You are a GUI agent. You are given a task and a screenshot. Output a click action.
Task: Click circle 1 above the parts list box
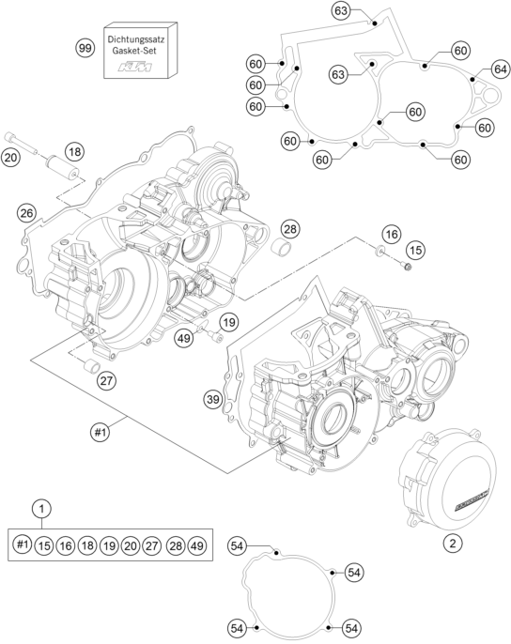click(40, 509)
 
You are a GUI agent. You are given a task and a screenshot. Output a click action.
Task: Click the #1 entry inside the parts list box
click(23, 544)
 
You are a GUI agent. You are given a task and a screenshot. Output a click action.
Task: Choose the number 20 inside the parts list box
click(132, 544)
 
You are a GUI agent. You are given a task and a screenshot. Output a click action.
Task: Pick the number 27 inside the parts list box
click(153, 544)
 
